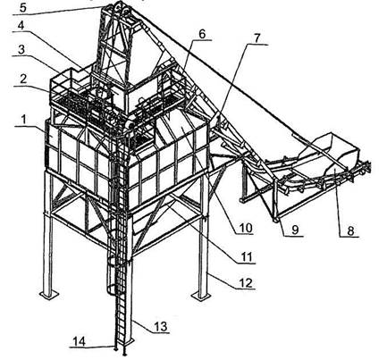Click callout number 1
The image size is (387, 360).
(25, 121)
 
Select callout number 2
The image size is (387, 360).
(22, 80)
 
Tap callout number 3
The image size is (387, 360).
(21, 50)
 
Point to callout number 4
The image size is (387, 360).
(21, 25)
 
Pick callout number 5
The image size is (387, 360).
(23, 7)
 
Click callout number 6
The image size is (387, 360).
(202, 34)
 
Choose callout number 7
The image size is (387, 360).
(257, 38)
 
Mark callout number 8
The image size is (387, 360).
(350, 230)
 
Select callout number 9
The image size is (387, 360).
(295, 230)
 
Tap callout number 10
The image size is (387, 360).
(246, 228)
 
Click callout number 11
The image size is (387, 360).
(246, 256)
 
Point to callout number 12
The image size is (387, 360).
(246, 282)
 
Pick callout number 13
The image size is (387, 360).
(161, 326)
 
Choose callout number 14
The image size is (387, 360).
(80, 341)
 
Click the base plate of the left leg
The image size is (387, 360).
(48, 294)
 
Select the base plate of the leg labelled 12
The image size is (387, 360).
(201, 295)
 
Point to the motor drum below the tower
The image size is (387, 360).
(130, 123)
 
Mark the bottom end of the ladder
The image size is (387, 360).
(120, 352)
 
